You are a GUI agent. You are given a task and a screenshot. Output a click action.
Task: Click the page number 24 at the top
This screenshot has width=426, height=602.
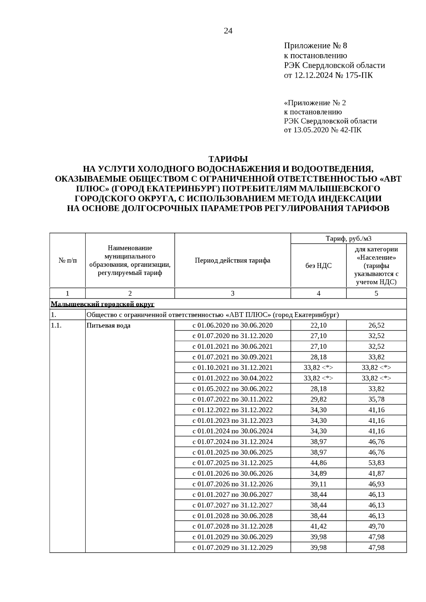(x=228, y=31)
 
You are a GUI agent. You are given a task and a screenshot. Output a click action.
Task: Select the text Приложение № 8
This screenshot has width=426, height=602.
(x=315, y=46)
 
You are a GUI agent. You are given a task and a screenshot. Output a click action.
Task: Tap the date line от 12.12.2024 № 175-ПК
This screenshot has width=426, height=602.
(x=328, y=75)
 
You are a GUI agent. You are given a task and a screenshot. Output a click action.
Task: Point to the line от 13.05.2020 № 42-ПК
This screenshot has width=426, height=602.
(x=323, y=130)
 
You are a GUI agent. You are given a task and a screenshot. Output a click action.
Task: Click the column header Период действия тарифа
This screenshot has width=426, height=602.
(x=233, y=260)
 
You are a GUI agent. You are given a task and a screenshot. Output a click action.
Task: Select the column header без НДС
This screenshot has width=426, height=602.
(x=318, y=265)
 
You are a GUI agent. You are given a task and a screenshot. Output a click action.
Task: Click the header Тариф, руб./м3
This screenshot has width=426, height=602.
(x=349, y=238)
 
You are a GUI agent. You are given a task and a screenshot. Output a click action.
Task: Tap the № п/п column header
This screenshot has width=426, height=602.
(x=67, y=260)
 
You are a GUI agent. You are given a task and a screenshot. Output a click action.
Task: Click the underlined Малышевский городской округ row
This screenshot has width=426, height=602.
(x=103, y=304)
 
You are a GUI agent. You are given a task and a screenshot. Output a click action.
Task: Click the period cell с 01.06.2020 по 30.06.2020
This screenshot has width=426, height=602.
(x=233, y=325)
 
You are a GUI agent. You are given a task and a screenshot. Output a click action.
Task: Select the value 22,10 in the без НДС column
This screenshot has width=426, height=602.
(x=318, y=325)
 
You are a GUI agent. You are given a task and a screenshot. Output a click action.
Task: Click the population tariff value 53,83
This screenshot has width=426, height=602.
(x=376, y=463)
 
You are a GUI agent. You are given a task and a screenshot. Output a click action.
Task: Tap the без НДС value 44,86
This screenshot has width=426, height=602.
(x=318, y=463)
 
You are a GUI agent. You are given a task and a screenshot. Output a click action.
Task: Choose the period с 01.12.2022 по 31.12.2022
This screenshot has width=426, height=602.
(x=233, y=410)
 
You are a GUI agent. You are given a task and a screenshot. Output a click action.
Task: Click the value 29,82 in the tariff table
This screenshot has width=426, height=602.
(x=318, y=399)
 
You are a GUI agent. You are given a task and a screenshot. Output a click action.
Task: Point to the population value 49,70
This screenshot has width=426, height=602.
(x=376, y=526)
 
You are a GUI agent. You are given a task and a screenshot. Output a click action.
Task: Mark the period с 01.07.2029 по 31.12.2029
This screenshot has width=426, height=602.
(x=233, y=547)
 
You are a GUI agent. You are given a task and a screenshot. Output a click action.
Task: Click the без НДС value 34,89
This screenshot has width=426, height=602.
(x=318, y=473)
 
